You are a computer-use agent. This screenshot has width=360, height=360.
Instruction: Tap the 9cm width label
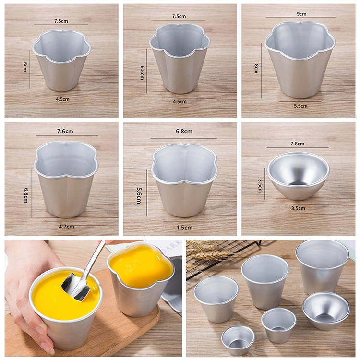pos(301,14)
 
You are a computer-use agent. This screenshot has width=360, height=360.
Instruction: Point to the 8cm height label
pos(256,69)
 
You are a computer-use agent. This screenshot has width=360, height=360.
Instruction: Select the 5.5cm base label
pos(300,106)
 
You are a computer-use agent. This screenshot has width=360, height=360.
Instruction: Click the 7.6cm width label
pos(65,132)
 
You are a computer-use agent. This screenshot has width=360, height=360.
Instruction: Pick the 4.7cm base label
pos(66,227)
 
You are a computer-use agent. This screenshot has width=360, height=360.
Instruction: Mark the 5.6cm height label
pos(139,195)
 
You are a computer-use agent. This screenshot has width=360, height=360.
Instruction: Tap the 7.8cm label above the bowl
pos(298,144)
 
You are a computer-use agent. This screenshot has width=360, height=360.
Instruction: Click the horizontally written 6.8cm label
pos(184,132)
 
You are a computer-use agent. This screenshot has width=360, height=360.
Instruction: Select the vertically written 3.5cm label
pos(260,186)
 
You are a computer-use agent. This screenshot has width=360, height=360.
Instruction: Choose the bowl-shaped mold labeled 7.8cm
pos(298,176)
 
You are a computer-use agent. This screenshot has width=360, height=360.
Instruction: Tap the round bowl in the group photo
pos(326,308)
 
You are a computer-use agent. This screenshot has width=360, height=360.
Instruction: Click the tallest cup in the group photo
pos(322,267)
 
